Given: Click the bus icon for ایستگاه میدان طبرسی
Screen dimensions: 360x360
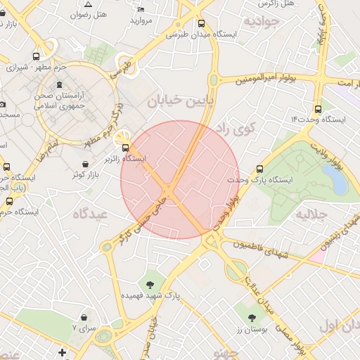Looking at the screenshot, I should pyautogui.click(x=202, y=23).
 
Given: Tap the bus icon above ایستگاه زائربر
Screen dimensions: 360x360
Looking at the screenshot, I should pyautogui.click(x=125, y=148).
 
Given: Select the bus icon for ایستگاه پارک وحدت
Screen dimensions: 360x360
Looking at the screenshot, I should pyautogui.click(x=260, y=169).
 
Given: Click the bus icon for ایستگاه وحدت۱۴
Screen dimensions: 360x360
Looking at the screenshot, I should pyautogui.click(x=319, y=109).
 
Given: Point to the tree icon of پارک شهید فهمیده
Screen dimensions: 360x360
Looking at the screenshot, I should pyautogui.click(x=150, y=285).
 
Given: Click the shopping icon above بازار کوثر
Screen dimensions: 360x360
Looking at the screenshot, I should pyautogui.click(x=85, y=163).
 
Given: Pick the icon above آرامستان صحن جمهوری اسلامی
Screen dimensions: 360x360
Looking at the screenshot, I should pyautogui.click(x=89, y=84).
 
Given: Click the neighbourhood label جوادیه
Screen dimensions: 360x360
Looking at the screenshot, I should pyautogui.click(x=262, y=21).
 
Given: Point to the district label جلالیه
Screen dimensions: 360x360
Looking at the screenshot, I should pyautogui.click(x=311, y=213).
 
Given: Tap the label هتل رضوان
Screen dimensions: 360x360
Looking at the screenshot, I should pyautogui.click(x=90, y=14).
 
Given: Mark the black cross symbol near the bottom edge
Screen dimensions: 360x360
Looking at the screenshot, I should pyautogui.click(x=63, y=352).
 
